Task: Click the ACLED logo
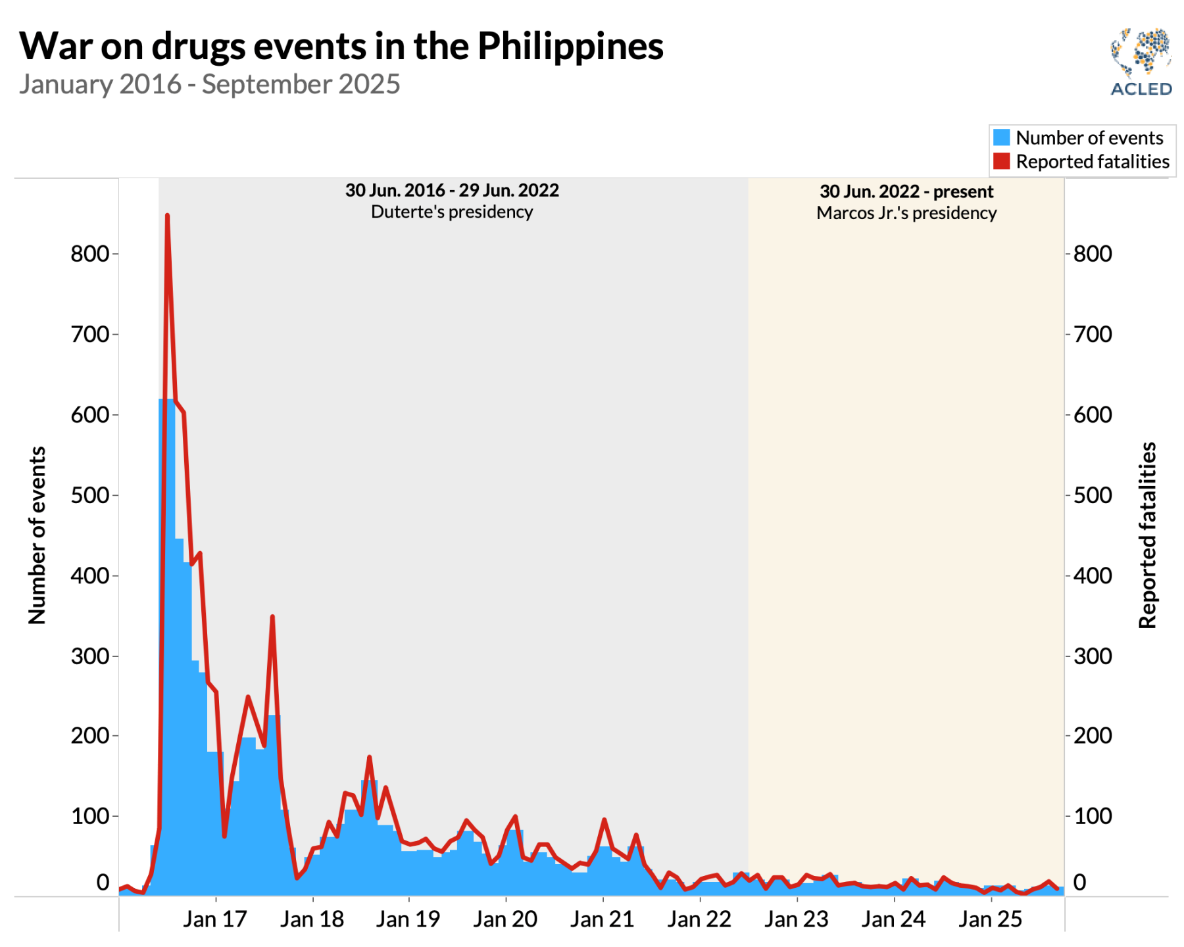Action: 1141,62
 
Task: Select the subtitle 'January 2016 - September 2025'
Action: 209,85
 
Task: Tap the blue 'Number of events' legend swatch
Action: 1001,137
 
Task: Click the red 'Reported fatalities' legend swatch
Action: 1001,161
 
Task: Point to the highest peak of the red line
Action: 167,216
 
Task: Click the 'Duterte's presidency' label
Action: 452,212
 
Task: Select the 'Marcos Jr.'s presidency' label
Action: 906,213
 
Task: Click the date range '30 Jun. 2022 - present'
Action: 906,191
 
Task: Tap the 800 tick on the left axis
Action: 89,254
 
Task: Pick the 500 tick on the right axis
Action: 1093,495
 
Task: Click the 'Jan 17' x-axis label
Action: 214,919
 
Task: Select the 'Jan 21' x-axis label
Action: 602,919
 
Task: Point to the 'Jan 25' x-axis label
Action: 990,919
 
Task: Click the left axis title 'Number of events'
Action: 37,535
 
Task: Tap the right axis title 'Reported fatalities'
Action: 1147,535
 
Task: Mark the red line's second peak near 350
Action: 272,617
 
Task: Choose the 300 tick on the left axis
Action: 89,656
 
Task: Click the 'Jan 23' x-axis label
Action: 796,919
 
